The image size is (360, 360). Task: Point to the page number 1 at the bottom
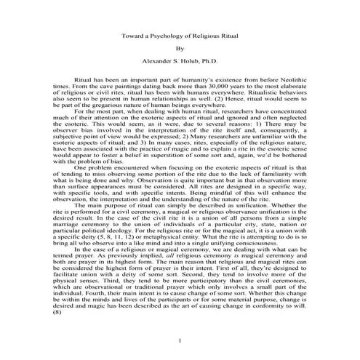tap(180, 341)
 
